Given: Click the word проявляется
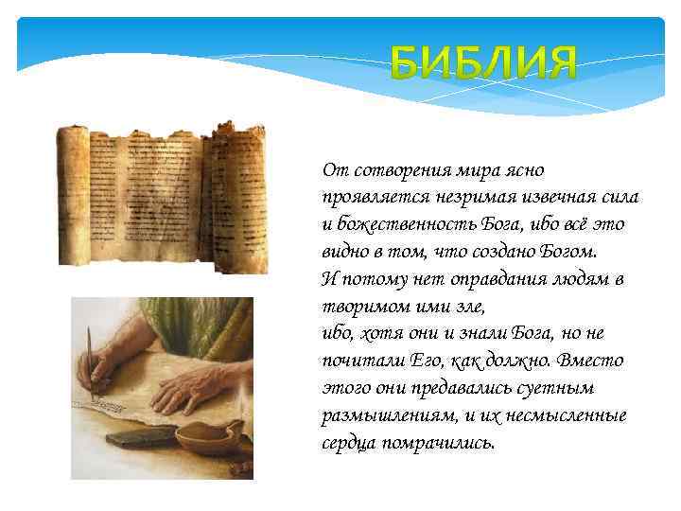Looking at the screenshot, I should coord(374,198).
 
